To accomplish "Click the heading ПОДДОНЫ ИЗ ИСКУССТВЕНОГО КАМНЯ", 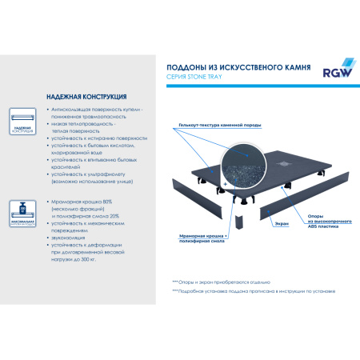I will (x=234, y=69).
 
